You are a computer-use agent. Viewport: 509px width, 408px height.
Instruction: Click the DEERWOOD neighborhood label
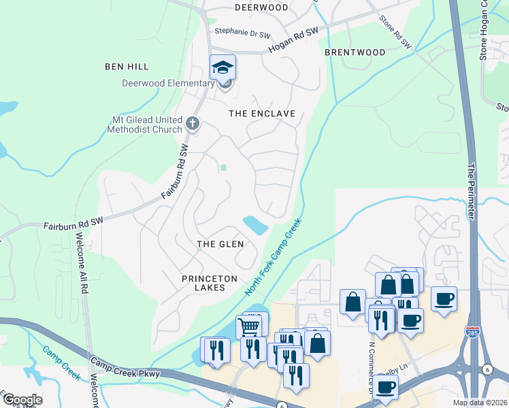point(261,7)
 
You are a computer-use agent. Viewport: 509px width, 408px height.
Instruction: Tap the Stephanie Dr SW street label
point(242,32)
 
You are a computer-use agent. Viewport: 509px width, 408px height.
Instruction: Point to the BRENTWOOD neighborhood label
point(355,52)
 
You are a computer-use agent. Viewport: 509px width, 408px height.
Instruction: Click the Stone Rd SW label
point(395,32)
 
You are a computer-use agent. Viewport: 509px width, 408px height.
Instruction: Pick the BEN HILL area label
point(127,67)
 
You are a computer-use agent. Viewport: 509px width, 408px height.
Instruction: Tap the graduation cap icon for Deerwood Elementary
point(223,67)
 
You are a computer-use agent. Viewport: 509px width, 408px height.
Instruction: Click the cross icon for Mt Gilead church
point(193,124)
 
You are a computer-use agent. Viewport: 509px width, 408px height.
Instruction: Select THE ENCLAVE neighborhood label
point(262,114)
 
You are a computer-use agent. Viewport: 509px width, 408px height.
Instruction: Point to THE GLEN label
point(220,244)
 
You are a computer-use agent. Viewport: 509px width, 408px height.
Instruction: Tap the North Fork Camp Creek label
point(274,257)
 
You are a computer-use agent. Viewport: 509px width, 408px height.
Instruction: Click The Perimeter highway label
point(470,190)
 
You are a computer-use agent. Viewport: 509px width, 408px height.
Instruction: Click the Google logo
point(22,399)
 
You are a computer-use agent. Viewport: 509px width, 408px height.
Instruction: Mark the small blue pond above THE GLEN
point(255,224)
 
